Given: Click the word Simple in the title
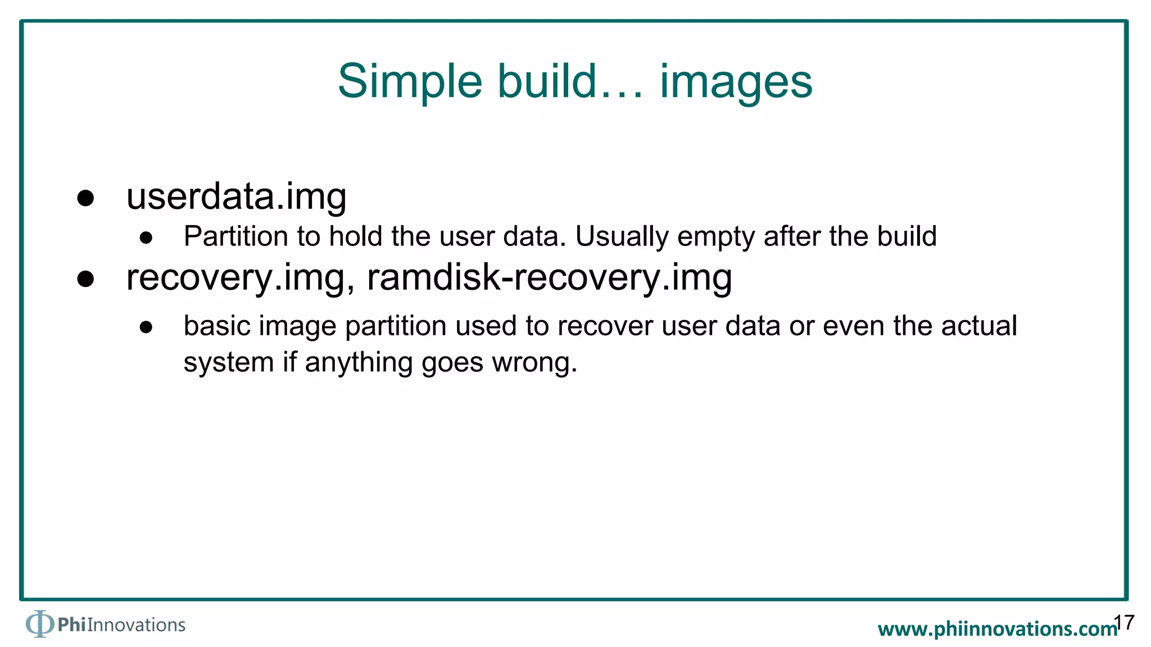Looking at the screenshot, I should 409,81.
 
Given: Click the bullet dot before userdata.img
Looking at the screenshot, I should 85,198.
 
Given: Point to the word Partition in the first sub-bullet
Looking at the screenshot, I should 236,236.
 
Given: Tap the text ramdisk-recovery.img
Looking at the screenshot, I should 549,277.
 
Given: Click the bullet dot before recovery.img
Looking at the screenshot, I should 85,279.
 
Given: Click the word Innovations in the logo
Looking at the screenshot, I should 136,625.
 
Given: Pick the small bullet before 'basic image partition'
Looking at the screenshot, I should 146,327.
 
